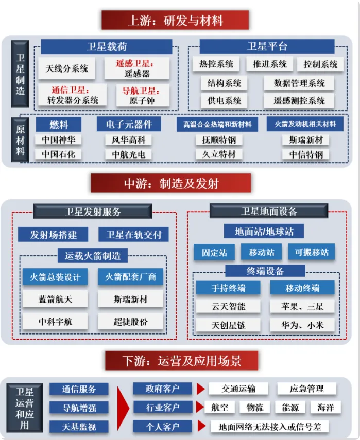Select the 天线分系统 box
(66, 68)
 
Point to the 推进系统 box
(266, 64)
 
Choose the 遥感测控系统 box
(299, 101)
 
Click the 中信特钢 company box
(306, 154)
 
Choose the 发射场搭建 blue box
(53, 235)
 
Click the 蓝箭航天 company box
(55, 299)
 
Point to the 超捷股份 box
(130, 322)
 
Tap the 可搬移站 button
(311, 252)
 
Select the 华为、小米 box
(302, 325)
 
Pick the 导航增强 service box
(79, 408)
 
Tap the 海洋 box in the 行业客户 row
(325, 408)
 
